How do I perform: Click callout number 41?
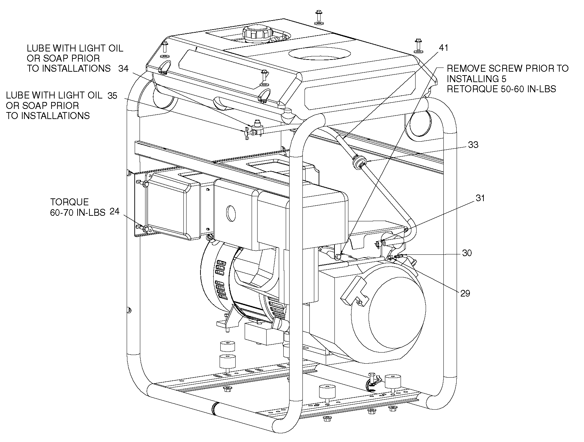coord(443,48)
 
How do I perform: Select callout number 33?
coord(473,145)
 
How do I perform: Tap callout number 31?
coord(480,198)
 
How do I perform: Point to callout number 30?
coord(467,253)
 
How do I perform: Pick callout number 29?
coord(465,293)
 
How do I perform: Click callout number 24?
coord(115,211)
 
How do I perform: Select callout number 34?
coord(124,69)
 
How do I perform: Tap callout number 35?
coord(112,96)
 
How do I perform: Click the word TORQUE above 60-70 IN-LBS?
coord(70,202)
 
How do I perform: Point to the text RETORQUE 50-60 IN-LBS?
coord(501,89)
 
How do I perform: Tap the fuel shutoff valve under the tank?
coord(254,129)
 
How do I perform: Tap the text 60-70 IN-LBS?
coord(78,213)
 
